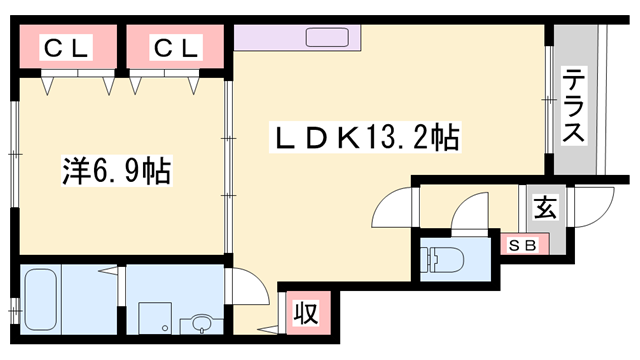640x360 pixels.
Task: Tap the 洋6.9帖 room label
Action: (x=111, y=171)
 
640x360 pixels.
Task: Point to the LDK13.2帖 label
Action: (x=365, y=138)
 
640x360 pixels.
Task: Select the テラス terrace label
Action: (x=574, y=106)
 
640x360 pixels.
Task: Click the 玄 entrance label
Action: (x=544, y=209)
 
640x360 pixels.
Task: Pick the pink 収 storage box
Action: (x=306, y=314)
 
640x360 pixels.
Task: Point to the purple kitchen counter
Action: (x=300, y=38)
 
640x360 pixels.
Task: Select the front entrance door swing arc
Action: (x=598, y=207)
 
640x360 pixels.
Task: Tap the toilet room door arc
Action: (x=466, y=212)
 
